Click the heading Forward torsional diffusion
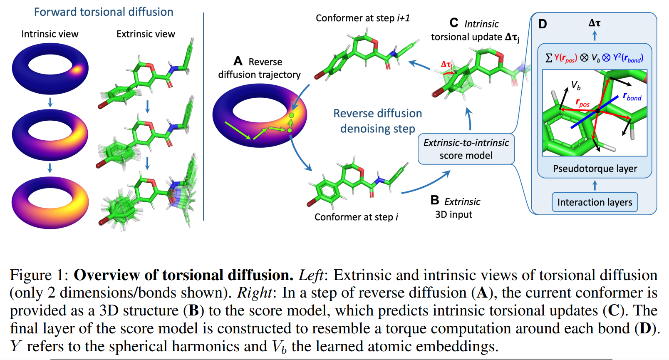[104, 12]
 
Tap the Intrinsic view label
[50, 34]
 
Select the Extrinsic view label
[146, 34]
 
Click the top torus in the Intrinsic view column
[50, 68]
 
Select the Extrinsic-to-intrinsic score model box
[466, 149]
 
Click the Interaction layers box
[595, 202]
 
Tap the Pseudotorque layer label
[595, 169]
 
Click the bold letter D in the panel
[542, 24]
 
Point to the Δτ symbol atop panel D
[595, 23]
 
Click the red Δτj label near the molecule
[447, 65]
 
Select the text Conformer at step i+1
[363, 18]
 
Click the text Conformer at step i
[356, 217]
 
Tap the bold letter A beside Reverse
[238, 61]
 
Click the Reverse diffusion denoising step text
[378, 121]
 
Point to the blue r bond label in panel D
[632, 97]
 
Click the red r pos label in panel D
[582, 103]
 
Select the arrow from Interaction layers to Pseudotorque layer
[595, 185]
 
